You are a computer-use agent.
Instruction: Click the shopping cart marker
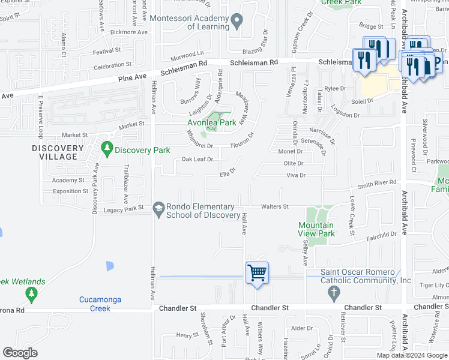tap(257, 273)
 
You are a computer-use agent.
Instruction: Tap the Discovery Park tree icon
tap(107, 147)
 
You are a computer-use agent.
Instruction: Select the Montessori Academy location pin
tap(237, 22)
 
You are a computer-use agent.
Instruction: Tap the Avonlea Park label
tap(212, 122)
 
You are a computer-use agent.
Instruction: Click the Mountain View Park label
tap(316, 229)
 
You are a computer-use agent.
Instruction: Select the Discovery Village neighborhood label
tap(58, 152)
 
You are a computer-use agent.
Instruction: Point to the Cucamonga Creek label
tap(95, 304)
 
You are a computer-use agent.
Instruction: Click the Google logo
tap(20, 353)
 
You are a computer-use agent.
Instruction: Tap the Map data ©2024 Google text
tap(412, 355)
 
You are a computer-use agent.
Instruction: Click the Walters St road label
tap(274, 207)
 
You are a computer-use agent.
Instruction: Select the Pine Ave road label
tap(133, 77)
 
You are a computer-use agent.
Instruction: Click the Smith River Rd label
tap(378, 182)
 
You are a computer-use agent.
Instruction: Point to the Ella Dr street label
tap(226, 172)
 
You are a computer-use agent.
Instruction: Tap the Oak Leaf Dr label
tap(197, 159)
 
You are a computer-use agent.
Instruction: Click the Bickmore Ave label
tap(128, 32)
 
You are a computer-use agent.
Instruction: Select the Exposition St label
tap(70, 191)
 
